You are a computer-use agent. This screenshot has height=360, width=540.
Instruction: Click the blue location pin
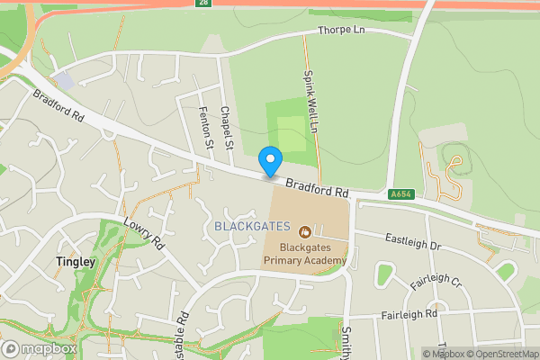270,160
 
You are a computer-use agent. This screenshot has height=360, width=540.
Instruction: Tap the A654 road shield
400,193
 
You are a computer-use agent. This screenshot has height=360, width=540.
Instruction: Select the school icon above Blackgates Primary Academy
304,232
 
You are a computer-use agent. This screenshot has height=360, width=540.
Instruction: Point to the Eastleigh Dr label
413,244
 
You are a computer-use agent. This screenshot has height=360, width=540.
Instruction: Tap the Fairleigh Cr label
436,283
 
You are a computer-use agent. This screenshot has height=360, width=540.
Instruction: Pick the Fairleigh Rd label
408,314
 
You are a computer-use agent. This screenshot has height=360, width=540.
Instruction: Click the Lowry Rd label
144,233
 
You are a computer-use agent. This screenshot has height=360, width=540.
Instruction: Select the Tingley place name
75,262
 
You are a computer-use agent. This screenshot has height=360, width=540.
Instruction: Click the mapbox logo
39,348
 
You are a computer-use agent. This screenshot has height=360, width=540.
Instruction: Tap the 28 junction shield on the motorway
203,4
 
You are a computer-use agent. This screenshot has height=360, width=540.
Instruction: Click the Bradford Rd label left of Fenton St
58,106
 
